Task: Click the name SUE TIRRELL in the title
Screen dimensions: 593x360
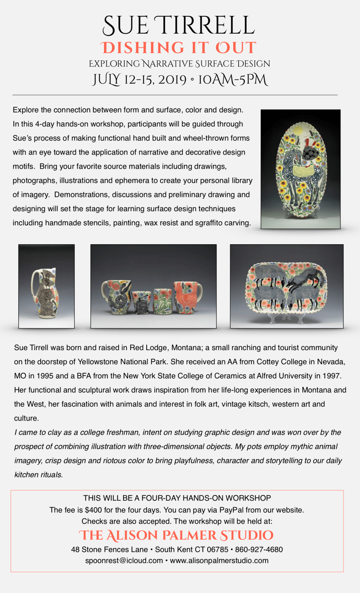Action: pyautogui.click(x=179, y=26)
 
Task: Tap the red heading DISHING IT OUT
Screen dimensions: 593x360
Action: pyautogui.click(x=179, y=48)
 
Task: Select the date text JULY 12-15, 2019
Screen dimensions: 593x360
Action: pyautogui.click(x=140, y=80)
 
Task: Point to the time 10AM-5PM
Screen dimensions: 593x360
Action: pyautogui.click(x=233, y=80)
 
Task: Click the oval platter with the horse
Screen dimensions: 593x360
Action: pyautogui.click(x=301, y=169)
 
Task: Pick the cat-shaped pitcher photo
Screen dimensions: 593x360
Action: pyautogui.click(x=47, y=286)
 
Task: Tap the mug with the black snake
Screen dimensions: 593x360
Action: pyautogui.click(x=118, y=297)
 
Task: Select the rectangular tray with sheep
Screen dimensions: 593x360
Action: pyautogui.click(x=287, y=286)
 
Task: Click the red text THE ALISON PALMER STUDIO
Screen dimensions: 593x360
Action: pyautogui.click(x=176, y=535)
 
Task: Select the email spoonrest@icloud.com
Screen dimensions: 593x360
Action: pyautogui.click(x=124, y=561)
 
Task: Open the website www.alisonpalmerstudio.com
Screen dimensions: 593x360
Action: pyautogui.click(x=219, y=561)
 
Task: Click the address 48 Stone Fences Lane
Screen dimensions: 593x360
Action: pyautogui.click(x=109, y=550)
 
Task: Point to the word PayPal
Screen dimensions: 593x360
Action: pyautogui.click(x=231, y=510)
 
